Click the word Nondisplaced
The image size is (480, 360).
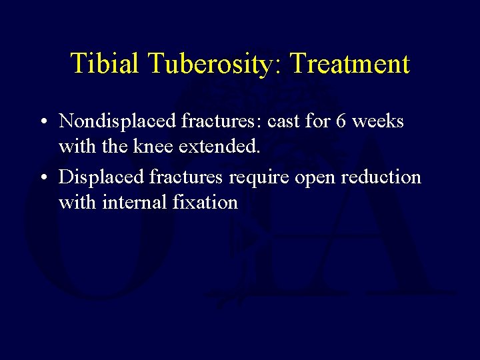pos(117,121)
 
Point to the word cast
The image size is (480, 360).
pos(285,121)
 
